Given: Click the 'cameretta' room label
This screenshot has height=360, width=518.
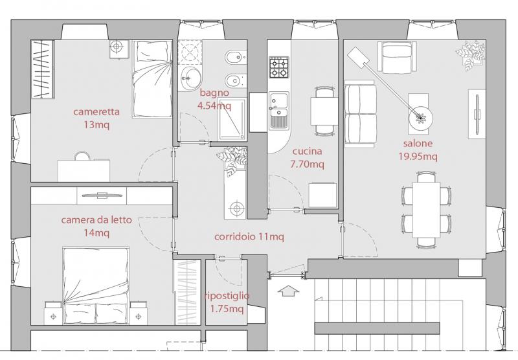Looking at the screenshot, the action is click(96, 111).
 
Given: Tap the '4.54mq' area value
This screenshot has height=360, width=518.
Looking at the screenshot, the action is click(214, 106).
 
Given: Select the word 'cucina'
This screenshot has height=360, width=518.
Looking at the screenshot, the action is click(307, 152).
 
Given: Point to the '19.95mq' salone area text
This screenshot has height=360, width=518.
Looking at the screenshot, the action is click(418, 156).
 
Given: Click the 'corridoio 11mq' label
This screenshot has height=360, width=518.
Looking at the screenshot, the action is click(249, 237).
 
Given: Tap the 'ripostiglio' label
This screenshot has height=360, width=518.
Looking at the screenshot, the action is click(227, 296).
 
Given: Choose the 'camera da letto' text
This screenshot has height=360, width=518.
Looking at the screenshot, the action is click(96, 220).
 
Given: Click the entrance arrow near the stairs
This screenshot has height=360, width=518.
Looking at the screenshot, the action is click(289, 291).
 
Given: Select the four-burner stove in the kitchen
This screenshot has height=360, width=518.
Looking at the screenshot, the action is click(279, 67).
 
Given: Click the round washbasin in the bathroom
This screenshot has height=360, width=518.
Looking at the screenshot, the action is click(191, 78).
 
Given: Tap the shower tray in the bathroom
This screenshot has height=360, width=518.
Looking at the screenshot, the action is click(232, 119).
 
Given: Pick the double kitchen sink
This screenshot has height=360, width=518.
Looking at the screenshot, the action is click(279, 110).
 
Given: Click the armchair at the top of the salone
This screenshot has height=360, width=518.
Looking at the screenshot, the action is click(396, 57).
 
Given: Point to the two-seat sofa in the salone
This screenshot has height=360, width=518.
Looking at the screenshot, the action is click(361, 114).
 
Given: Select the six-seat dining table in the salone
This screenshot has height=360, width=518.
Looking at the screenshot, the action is click(427, 209).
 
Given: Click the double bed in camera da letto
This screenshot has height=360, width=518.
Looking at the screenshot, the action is click(95, 286).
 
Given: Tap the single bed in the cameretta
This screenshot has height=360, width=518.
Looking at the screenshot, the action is click(152, 79).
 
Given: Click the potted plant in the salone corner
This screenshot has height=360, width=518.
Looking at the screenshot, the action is click(471, 55).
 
